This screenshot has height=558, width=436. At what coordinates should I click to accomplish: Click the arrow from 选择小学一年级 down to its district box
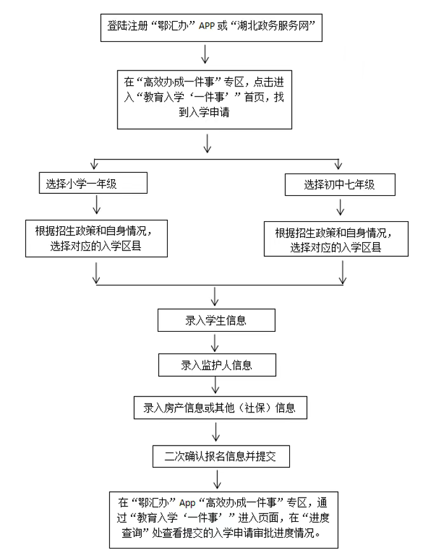(97, 205)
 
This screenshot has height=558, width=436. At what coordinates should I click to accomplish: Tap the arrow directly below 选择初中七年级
(341, 207)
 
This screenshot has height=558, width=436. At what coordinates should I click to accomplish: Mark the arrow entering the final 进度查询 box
(218, 478)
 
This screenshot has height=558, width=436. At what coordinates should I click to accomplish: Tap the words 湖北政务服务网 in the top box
(278, 27)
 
